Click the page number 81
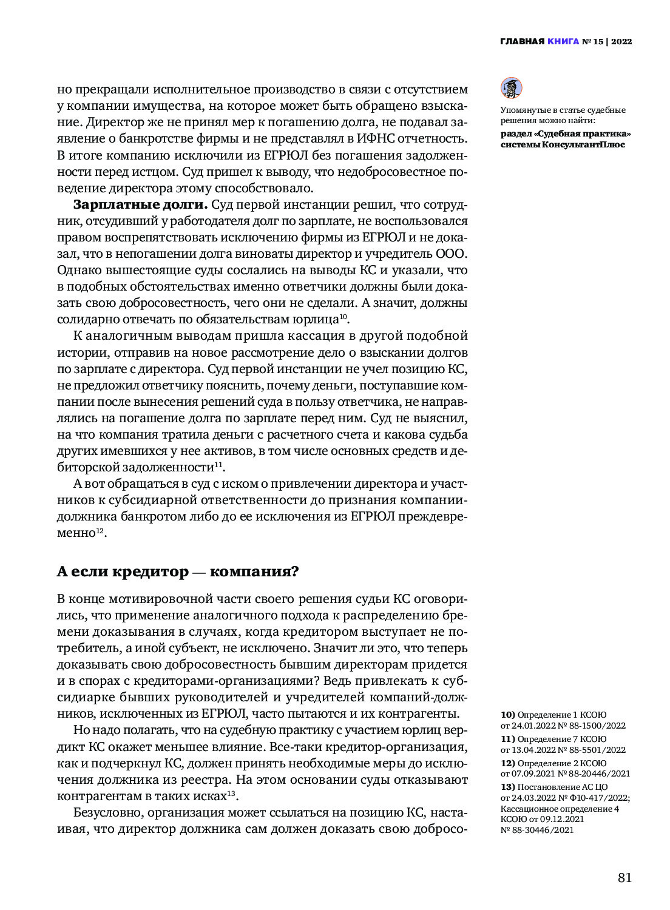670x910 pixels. coord(624,878)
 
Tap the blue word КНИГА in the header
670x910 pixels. coord(563,42)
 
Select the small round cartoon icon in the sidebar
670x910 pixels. coord(511,88)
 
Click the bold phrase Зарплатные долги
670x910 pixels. coord(140,204)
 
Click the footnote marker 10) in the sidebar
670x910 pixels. coord(508,715)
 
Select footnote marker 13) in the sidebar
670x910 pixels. coord(508,787)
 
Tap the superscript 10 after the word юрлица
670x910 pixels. coord(343,317)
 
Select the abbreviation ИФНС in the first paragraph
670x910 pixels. coord(359,138)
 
